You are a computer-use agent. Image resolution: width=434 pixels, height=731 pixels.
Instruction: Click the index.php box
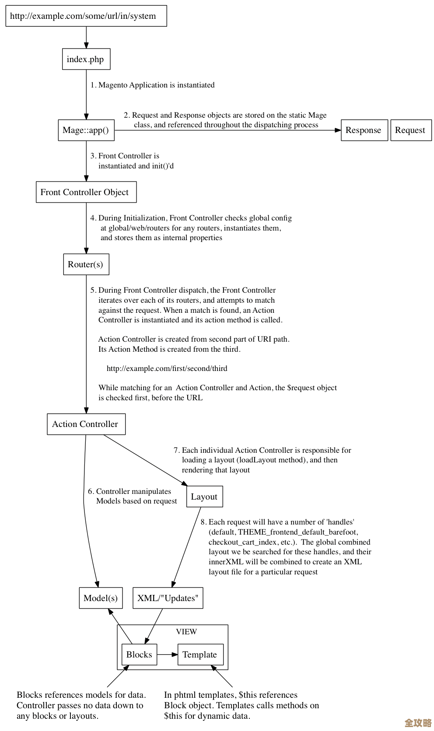pos(86,59)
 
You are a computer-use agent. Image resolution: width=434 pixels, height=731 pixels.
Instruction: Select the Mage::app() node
pos(86,130)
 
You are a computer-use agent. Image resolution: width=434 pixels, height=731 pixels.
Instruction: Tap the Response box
pos(364,130)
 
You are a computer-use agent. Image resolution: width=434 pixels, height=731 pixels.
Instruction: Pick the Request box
pos(410,130)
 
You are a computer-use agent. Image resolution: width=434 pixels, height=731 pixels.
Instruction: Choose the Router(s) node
pos(86,264)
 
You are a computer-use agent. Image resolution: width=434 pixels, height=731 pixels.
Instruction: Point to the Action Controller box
pos(86,424)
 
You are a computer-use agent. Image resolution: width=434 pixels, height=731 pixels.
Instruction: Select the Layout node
pos(204,497)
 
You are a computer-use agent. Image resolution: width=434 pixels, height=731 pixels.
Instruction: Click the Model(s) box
pos(101,598)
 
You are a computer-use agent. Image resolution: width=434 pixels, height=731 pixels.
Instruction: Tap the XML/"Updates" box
pos(168,598)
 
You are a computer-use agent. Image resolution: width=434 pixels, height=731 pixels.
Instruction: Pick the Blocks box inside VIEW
pos(139,654)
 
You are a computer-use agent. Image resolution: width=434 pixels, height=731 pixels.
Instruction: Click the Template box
pos(200,654)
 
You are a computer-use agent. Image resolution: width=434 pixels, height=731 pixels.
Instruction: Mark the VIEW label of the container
pos(186,632)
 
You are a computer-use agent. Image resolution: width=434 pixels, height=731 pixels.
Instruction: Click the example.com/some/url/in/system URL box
pos(86,16)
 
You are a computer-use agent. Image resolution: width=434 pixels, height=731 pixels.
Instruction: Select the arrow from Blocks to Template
pos(167,654)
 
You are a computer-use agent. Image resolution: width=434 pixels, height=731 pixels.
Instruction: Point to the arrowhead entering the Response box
pos(338,130)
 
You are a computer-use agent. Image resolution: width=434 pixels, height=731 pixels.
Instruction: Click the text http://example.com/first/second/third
pos(167,368)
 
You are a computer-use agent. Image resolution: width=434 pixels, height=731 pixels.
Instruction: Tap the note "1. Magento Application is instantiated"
pos(152,85)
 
